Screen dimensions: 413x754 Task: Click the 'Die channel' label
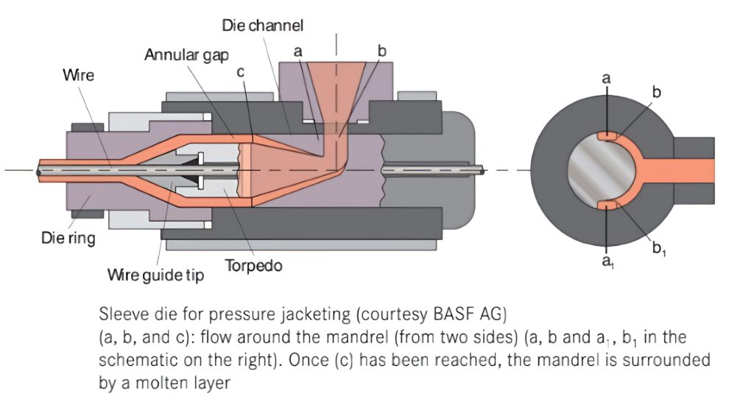click(x=263, y=25)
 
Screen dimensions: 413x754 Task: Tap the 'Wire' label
click(x=78, y=75)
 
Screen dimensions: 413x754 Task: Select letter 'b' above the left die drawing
click(x=381, y=51)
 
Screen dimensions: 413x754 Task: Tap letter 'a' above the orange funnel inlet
click(x=297, y=52)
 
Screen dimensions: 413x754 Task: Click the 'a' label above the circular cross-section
click(x=606, y=77)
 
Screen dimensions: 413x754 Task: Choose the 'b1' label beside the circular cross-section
click(x=659, y=248)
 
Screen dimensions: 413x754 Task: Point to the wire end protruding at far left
click(x=38, y=170)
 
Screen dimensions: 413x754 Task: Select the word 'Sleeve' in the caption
click(x=120, y=317)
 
